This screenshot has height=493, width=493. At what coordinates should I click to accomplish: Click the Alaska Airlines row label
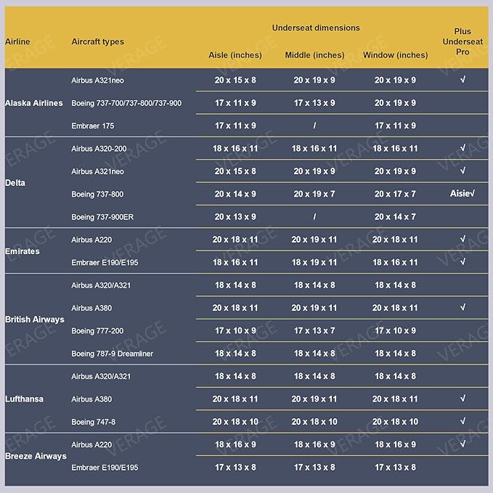click(33, 103)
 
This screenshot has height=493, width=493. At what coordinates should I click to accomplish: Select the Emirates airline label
click(23, 251)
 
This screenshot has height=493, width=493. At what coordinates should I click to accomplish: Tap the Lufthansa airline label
click(24, 399)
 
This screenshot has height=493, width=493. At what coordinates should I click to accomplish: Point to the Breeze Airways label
click(36, 456)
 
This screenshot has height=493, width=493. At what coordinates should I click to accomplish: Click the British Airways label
click(35, 319)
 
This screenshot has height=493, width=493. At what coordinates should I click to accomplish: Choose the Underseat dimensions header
click(316, 28)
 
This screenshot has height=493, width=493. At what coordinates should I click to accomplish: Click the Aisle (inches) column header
click(235, 55)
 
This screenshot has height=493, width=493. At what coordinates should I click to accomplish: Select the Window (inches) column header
click(395, 55)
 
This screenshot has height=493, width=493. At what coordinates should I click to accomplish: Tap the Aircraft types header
click(98, 41)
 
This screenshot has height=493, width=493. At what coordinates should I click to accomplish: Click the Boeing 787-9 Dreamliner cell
click(113, 354)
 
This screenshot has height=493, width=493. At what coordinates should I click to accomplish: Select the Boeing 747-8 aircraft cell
click(94, 422)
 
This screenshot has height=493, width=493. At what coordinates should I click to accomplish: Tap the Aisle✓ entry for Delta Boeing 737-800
click(463, 194)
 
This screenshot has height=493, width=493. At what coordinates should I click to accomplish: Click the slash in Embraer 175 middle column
click(314, 126)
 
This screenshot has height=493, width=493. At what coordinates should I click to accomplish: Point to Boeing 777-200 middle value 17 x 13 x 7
click(314, 330)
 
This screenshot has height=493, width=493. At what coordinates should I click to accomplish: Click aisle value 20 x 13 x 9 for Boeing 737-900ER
click(235, 216)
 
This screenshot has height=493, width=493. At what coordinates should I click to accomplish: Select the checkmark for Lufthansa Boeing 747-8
click(463, 421)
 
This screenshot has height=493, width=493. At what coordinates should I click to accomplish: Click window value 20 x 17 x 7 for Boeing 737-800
click(395, 194)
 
